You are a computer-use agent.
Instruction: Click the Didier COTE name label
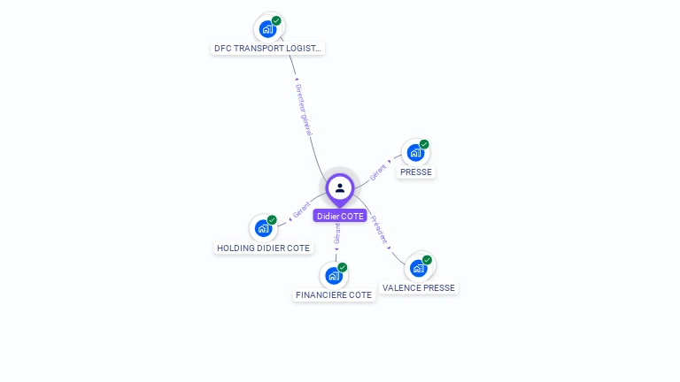pyautogui.click(x=340, y=216)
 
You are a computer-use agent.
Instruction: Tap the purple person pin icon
pyautogui.click(x=340, y=187)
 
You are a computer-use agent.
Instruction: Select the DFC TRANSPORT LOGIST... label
pyautogui.click(x=268, y=49)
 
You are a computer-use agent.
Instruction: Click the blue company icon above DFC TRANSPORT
pyautogui.click(x=267, y=28)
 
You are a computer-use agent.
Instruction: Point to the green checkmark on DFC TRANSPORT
pyautogui.click(x=276, y=20)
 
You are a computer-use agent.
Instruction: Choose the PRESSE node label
pyautogui.click(x=415, y=172)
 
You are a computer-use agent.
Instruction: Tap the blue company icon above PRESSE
pyautogui.click(x=415, y=152)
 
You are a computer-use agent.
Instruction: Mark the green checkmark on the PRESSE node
pyautogui.click(x=424, y=144)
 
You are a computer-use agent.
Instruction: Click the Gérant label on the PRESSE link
pyautogui.click(x=379, y=171)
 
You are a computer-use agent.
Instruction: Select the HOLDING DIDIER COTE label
pyautogui.click(x=263, y=248)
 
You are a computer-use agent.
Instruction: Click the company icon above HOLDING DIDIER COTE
pyautogui.click(x=263, y=228)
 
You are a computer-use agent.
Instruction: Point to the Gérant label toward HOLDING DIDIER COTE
pyautogui.click(x=302, y=213)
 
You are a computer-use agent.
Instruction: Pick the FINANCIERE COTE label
pyautogui.click(x=334, y=295)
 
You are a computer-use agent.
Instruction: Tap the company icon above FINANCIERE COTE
pyautogui.click(x=334, y=275)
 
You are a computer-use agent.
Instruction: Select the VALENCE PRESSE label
pyautogui.click(x=419, y=288)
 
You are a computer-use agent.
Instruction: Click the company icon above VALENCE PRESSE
pyautogui.click(x=418, y=268)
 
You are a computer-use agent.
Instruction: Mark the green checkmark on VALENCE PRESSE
pyautogui.click(x=427, y=260)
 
